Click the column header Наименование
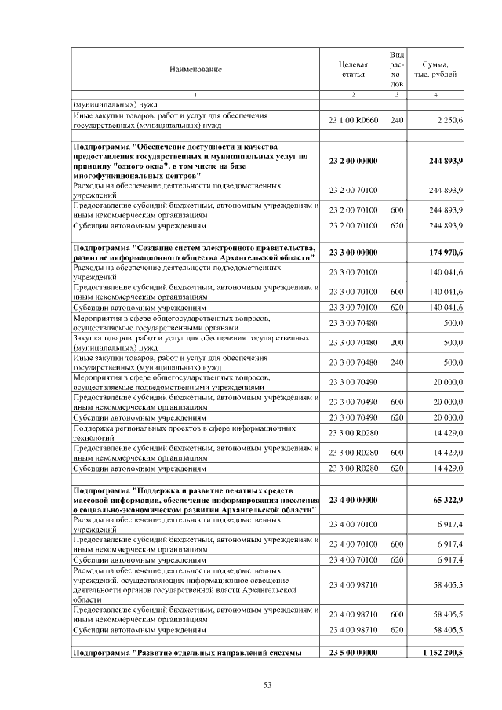click(195, 70)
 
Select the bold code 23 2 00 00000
click(353, 161)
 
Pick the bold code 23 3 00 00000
click(353, 253)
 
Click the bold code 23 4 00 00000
click(353, 499)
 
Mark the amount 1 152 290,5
click(442, 653)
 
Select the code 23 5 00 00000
click(353, 653)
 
